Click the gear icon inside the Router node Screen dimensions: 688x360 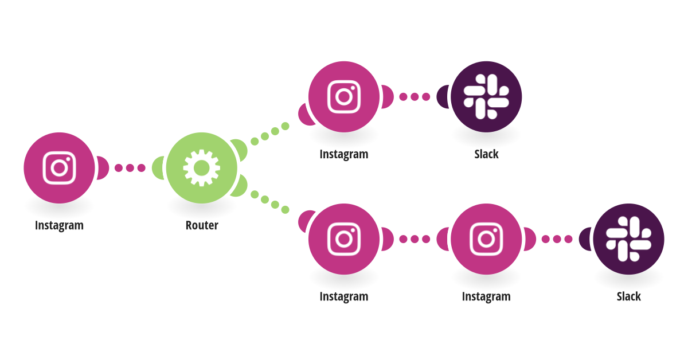[201, 168]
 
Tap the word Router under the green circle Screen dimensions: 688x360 [202, 225]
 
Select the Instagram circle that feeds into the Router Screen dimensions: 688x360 [59, 168]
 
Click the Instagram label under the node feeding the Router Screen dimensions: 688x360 [59, 225]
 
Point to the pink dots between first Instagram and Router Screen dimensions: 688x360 [130, 168]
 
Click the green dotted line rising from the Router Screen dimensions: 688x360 [270, 134]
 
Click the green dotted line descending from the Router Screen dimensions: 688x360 [270, 202]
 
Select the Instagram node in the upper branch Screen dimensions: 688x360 [344, 97]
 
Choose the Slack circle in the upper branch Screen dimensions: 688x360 [486, 97]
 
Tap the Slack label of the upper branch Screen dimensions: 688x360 [486, 154]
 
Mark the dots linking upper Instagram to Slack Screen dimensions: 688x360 [415, 97]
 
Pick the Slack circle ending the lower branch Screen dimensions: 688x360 [629, 239]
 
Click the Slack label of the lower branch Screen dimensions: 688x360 [629, 296]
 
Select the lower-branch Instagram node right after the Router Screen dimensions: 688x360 [344, 239]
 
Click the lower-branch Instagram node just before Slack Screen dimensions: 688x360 [486, 239]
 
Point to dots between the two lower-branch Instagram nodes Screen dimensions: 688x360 [415, 239]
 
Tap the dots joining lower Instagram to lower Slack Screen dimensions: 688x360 [557, 239]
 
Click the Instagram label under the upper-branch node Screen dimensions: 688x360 [344, 154]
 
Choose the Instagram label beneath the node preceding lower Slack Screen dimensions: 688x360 [486, 297]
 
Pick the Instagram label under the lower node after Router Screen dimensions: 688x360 [344, 297]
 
